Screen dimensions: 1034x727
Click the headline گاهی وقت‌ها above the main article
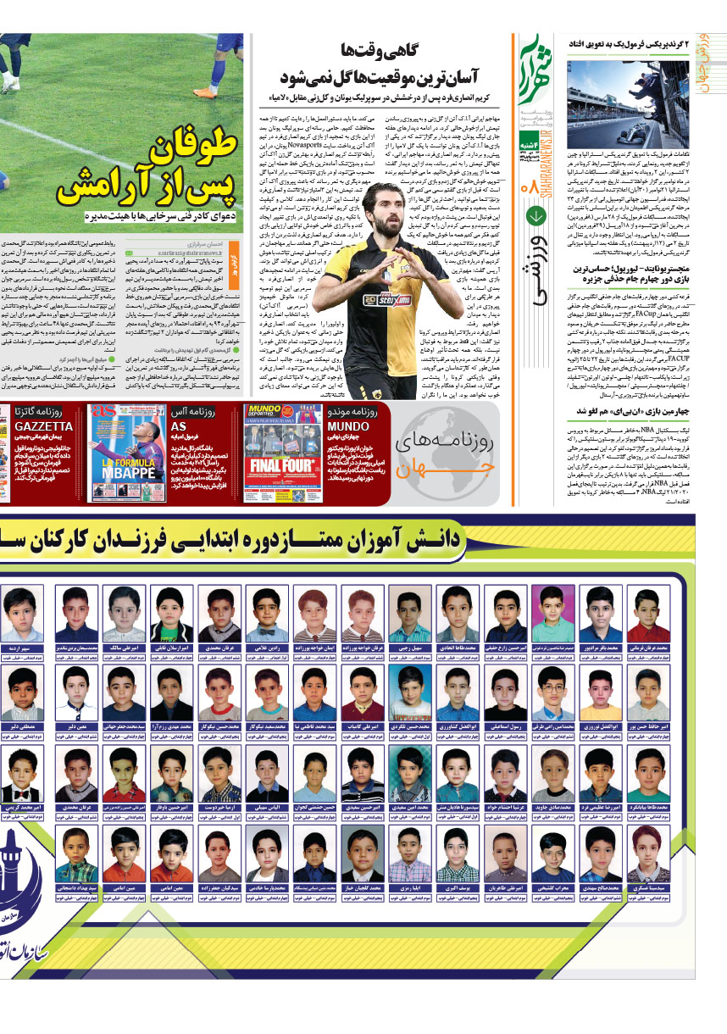coord(382,50)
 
